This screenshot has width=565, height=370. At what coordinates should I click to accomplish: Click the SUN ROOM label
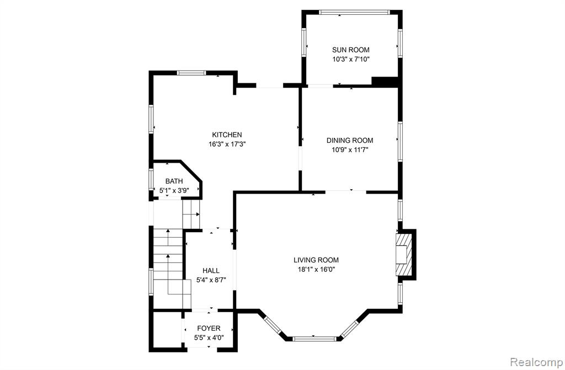pyautogui.click(x=350, y=50)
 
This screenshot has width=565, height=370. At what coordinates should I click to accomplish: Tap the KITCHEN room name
pyautogui.click(x=227, y=135)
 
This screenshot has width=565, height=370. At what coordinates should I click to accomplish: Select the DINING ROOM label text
pyautogui.click(x=350, y=141)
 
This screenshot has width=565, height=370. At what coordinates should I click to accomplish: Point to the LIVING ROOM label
pyautogui.click(x=316, y=260)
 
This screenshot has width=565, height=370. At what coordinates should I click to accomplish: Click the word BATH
pyautogui.click(x=174, y=181)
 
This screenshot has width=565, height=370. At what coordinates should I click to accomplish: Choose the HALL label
pyautogui.click(x=211, y=271)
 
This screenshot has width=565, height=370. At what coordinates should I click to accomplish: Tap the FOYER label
pyautogui.click(x=209, y=328)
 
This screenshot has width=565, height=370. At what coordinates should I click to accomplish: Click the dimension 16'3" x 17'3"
pyautogui.click(x=227, y=144)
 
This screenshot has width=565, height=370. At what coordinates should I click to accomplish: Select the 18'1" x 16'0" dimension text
pyautogui.click(x=316, y=270)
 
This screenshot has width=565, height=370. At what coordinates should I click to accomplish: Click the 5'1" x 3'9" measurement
pyautogui.click(x=174, y=191)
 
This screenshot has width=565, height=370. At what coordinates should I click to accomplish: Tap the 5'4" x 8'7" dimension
pyautogui.click(x=211, y=280)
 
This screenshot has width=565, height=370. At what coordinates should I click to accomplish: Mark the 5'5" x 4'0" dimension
pyautogui.click(x=209, y=338)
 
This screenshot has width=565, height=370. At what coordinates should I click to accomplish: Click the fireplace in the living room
pyautogui.click(x=403, y=255)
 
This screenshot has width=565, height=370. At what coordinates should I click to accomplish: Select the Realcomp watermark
pyautogui.click(x=537, y=362)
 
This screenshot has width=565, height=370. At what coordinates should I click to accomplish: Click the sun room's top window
pyautogui.click(x=354, y=12)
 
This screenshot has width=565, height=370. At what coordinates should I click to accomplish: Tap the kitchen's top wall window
pyautogui.click(x=191, y=73)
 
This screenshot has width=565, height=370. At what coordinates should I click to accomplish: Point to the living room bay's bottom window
pyautogui.click(x=314, y=339)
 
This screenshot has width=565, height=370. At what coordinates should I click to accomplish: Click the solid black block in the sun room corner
pyautogui.click(x=385, y=82)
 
